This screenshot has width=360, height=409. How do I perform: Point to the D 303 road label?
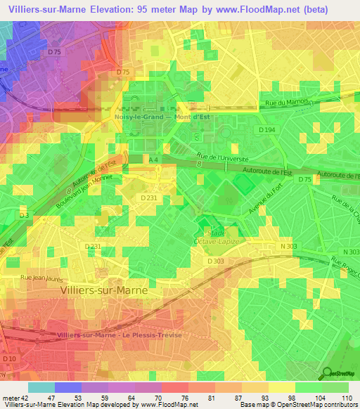pos(215,261)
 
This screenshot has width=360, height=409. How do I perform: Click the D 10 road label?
pos(9,359)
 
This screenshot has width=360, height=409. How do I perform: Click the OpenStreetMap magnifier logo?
pos(326,374)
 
